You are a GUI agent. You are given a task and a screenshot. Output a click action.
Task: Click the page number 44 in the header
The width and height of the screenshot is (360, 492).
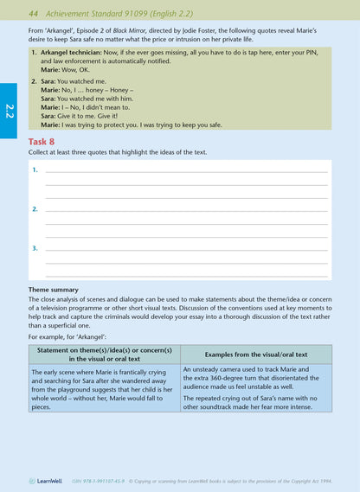35,14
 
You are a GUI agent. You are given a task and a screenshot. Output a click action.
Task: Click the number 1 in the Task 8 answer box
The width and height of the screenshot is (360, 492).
35,169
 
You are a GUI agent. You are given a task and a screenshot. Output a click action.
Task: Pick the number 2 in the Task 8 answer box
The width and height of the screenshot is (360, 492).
35,209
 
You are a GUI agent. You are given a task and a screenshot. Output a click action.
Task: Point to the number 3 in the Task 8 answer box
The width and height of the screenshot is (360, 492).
35,248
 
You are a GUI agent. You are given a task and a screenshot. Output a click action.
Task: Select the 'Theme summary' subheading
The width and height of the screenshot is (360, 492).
53,290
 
